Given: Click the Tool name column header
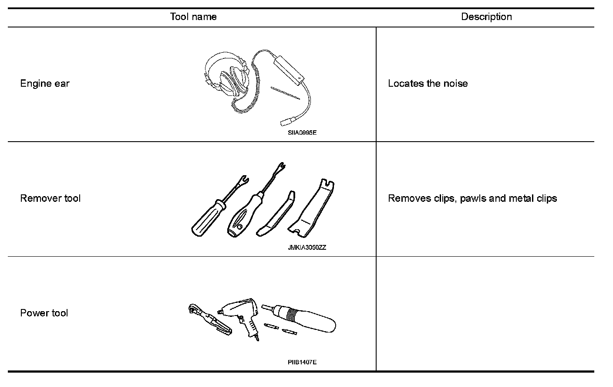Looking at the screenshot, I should tap(193, 17).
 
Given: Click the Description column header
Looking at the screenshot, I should tap(486, 17).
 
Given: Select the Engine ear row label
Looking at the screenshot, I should tap(45, 84).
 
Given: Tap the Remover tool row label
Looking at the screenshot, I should tap(51, 198).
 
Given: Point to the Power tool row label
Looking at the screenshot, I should tap(44, 313).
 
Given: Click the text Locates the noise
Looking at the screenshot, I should tap(428, 84).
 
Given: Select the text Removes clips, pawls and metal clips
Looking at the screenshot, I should tap(472, 198).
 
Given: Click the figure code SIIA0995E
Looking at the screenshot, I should tap(302, 132).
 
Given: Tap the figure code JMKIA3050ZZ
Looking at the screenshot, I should tap(306, 248).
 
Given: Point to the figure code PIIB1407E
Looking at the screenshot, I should tap(302, 362).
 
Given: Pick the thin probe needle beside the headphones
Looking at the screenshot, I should tap(285, 93).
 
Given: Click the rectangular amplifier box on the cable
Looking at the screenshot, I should tap(288, 70).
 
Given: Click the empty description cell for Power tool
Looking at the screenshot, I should tap(485, 313).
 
